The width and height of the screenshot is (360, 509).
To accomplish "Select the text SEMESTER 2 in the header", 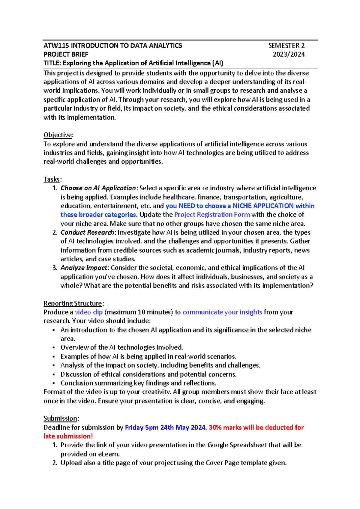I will (x=286, y=46).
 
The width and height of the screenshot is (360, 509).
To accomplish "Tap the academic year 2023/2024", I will (x=289, y=54).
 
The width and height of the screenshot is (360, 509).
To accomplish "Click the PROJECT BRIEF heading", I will (x=66, y=54).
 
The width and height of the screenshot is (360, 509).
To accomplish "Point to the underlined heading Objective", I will (x=58, y=135).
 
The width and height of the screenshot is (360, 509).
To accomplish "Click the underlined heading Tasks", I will (x=52, y=179).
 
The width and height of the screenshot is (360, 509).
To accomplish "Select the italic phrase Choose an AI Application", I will (x=98, y=188).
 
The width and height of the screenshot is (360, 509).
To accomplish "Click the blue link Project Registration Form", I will (x=212, y=215).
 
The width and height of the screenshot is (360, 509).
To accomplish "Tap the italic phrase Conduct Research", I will (x=87, y=232).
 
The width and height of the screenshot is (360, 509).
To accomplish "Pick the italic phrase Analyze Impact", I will (x=84, y=268).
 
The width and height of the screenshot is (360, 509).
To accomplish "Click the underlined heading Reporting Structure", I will (x=73, y=303).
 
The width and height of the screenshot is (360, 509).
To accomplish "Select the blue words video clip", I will (x=88, y=312).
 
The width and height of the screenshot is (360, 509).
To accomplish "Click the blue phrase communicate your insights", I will (x=222, y=312).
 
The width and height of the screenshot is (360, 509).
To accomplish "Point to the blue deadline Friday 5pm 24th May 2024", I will (x=165, y=427).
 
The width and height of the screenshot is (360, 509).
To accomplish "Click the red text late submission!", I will (x=68, y=436).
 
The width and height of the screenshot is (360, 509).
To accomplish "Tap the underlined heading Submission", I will (x=61, y=418).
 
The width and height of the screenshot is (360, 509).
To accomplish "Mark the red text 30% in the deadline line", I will (x=215, y=427).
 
